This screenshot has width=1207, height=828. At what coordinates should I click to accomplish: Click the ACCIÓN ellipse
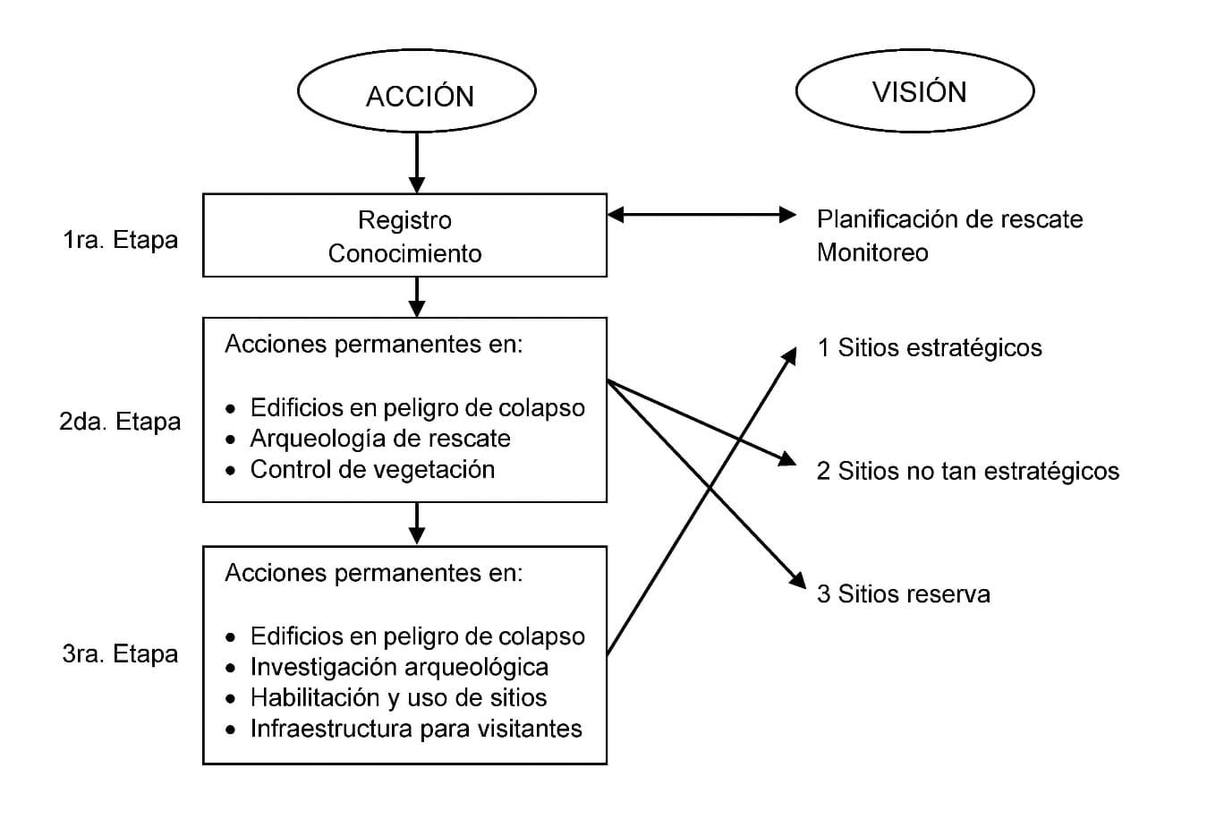416,92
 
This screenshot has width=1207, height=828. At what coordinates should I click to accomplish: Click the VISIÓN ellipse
914,91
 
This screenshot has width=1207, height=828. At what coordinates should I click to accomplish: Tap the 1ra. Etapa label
120,240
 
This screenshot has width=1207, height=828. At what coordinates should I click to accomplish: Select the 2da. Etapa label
120,422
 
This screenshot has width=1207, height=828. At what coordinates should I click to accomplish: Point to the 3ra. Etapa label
120,654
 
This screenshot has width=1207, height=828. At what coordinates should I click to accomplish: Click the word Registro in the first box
404,220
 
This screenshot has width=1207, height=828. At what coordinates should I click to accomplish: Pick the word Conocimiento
404,253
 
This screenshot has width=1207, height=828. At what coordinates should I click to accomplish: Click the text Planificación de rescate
949,219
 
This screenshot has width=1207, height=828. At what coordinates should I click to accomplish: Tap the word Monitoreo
872,252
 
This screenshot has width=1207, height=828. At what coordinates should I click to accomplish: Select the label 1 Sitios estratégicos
930,348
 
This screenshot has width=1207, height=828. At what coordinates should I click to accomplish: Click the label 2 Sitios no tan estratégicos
967,471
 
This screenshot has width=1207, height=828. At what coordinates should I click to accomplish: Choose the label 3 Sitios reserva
903,594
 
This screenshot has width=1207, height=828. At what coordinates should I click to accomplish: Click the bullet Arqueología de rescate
380,439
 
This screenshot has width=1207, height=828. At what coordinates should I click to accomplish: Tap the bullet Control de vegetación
372,470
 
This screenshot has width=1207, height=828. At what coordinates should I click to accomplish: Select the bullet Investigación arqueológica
399,667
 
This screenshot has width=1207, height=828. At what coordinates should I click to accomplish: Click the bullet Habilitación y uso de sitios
398,698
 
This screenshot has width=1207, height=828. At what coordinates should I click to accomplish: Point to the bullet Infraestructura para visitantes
416,729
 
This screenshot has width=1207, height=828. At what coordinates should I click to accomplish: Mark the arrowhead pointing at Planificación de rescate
786,215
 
